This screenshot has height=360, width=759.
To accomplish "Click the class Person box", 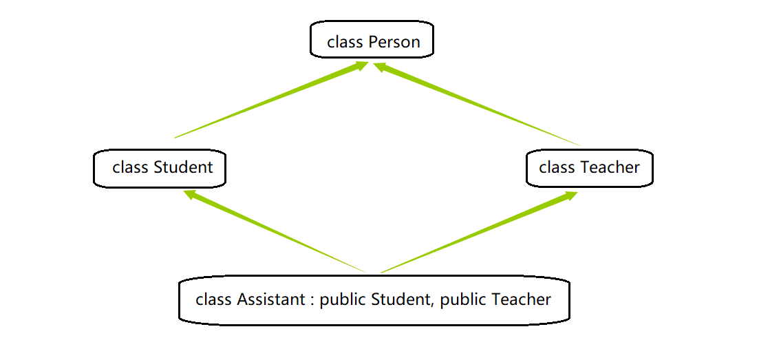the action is click(372, 40).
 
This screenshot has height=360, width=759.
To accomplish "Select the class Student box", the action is click(160, 168).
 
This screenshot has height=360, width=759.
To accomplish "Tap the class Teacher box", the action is click(589, 168).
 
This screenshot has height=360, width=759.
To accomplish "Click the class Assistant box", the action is click(374, 300).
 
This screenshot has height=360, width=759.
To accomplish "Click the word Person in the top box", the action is click(394, 42).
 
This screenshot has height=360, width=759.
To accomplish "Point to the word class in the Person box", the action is click(345, 42).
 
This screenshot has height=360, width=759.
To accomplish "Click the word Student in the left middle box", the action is click(184, 167).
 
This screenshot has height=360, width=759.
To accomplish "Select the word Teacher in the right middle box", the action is click(610, 167).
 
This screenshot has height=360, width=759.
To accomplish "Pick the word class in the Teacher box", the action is click(557, 167).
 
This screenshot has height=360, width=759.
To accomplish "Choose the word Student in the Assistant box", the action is click(400, 299).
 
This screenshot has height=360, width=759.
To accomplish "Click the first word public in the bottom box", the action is click(343, 300).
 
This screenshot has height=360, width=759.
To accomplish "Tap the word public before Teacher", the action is click(463, 300).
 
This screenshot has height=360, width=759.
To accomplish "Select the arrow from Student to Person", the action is click(275, 100).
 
